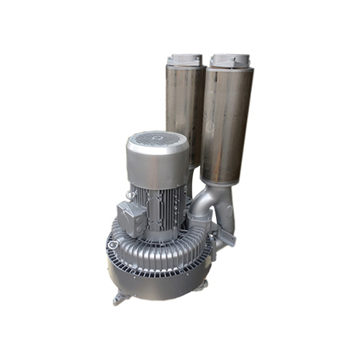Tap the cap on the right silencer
(x=230, y=60)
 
